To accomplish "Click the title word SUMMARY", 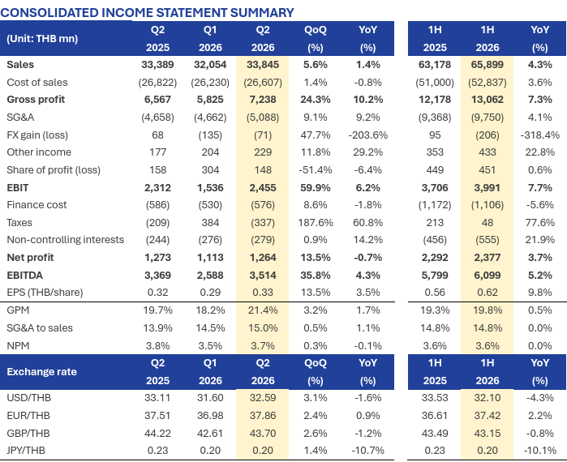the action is point(262,13).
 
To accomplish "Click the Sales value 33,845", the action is point(263,65).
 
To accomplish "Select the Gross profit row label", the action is point(36,100).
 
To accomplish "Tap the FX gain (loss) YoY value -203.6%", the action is point(367,135).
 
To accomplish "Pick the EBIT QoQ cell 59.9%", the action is point(316,188).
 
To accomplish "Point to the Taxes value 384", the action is point(210,223).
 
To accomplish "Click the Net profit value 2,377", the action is point(487,258).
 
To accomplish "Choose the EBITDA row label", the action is point(24,276).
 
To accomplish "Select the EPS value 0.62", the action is point(487,293).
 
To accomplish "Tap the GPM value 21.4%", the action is point(263,310).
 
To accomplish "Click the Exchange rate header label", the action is point(41,372).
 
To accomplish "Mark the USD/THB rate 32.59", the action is point(263,398).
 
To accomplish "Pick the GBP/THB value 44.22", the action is point(157,433).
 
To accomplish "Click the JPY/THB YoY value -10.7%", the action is point(367,451).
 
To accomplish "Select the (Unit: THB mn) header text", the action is point(42,39).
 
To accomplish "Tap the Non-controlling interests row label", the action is point(66,240).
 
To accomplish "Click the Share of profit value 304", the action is point(210,169).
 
